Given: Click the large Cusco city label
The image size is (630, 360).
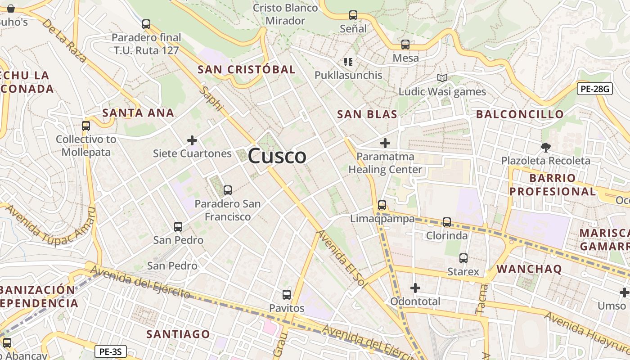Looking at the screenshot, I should point(277,156).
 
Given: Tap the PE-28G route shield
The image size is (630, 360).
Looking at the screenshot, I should point(594,89).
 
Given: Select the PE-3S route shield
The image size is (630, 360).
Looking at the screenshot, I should point(111,351).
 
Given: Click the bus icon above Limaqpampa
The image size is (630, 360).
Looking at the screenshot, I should point(382,205).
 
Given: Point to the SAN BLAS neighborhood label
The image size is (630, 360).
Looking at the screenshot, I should point(367,114).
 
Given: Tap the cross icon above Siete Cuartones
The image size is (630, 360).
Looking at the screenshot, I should point(192,140).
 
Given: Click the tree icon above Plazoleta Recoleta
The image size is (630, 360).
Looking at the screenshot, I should point(546,147).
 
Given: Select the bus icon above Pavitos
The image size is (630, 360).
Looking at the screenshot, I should point(287,295).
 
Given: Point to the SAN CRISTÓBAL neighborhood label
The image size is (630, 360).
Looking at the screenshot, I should point(247,69).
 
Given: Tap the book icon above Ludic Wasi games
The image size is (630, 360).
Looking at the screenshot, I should point(442,78).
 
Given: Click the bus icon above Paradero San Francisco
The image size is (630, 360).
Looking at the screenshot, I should point(228,190).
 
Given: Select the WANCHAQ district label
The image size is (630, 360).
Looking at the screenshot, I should point(529,269).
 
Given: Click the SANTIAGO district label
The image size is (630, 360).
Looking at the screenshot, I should point(178,334).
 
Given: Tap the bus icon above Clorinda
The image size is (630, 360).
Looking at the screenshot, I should point(447,222).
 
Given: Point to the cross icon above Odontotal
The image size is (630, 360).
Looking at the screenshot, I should point(415,288).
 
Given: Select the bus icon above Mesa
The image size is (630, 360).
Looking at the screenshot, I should point(405,45).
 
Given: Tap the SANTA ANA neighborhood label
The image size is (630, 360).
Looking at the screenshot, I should point(138,112).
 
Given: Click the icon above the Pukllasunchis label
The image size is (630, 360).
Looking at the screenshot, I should point(348,62).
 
